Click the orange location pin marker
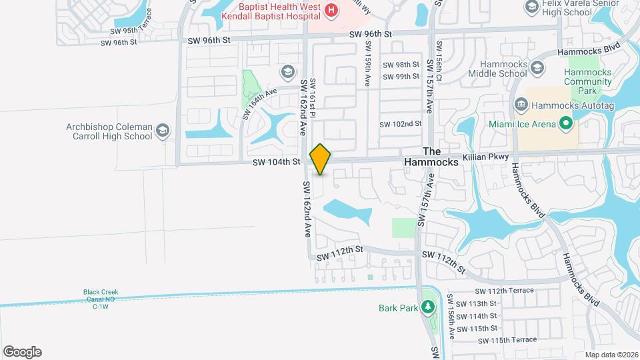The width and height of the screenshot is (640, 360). coord(321,159)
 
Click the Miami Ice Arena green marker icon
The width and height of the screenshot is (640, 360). coord(566,123)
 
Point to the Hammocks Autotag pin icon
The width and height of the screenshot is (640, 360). coord(522,104)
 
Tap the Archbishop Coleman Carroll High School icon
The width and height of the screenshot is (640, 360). coord(162,131)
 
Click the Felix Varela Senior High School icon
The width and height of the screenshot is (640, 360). coord(532,7)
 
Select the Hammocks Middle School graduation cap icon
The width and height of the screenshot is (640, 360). coord(537,67)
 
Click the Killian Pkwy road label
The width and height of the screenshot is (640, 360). coord(489,156)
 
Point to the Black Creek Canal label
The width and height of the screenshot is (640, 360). coord(100,299)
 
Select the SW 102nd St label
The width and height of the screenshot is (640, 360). coord(401,125)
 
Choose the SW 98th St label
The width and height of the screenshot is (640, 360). coord(401,65)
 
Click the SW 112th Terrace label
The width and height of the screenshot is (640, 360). coord(505,291)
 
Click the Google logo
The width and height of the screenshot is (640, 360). coord(22,351)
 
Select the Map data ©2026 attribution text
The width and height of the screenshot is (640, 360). coord(611,355)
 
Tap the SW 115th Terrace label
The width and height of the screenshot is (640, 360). coord(507,339)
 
